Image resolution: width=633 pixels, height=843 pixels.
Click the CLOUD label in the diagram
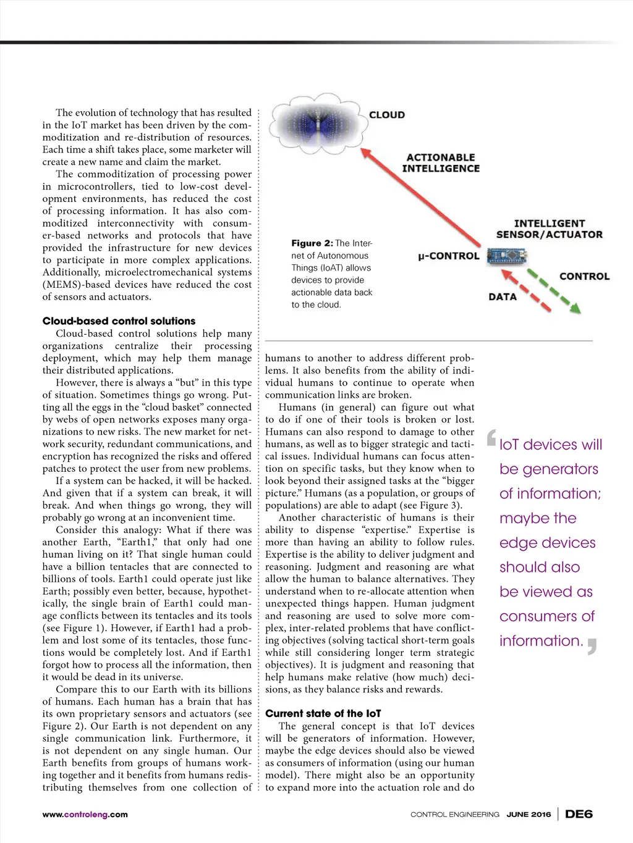387,115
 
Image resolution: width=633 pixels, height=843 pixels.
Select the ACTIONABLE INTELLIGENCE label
441,163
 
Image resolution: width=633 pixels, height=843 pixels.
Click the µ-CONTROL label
449,256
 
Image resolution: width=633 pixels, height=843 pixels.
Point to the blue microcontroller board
506,255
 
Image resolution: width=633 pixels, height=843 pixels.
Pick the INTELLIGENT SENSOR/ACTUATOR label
549,229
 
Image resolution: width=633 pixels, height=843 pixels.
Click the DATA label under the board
503,297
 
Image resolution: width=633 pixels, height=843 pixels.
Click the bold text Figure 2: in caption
312,243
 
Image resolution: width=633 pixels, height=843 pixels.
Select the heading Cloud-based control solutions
119,321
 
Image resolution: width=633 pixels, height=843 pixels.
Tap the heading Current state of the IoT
323,714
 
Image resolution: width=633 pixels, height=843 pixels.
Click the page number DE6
579,814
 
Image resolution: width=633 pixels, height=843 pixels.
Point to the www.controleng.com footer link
85,815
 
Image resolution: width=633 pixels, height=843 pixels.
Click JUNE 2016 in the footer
529,815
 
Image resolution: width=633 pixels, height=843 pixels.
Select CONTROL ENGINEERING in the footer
455,815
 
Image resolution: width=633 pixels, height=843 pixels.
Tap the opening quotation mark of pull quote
491,437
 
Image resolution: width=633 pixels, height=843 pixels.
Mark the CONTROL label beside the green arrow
584,277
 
